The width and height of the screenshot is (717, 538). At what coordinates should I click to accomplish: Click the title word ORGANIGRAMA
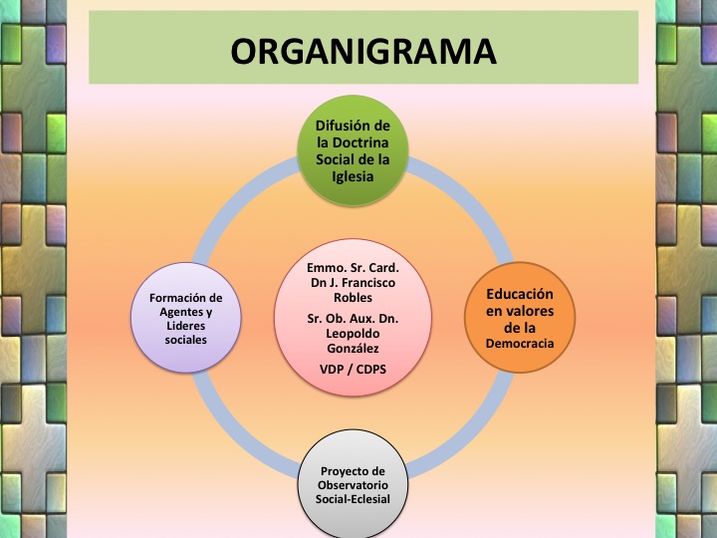(363, 49)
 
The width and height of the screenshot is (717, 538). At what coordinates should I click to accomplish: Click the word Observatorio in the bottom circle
(356, 485)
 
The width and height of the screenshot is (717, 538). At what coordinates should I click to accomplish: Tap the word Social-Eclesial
(356, 499)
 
